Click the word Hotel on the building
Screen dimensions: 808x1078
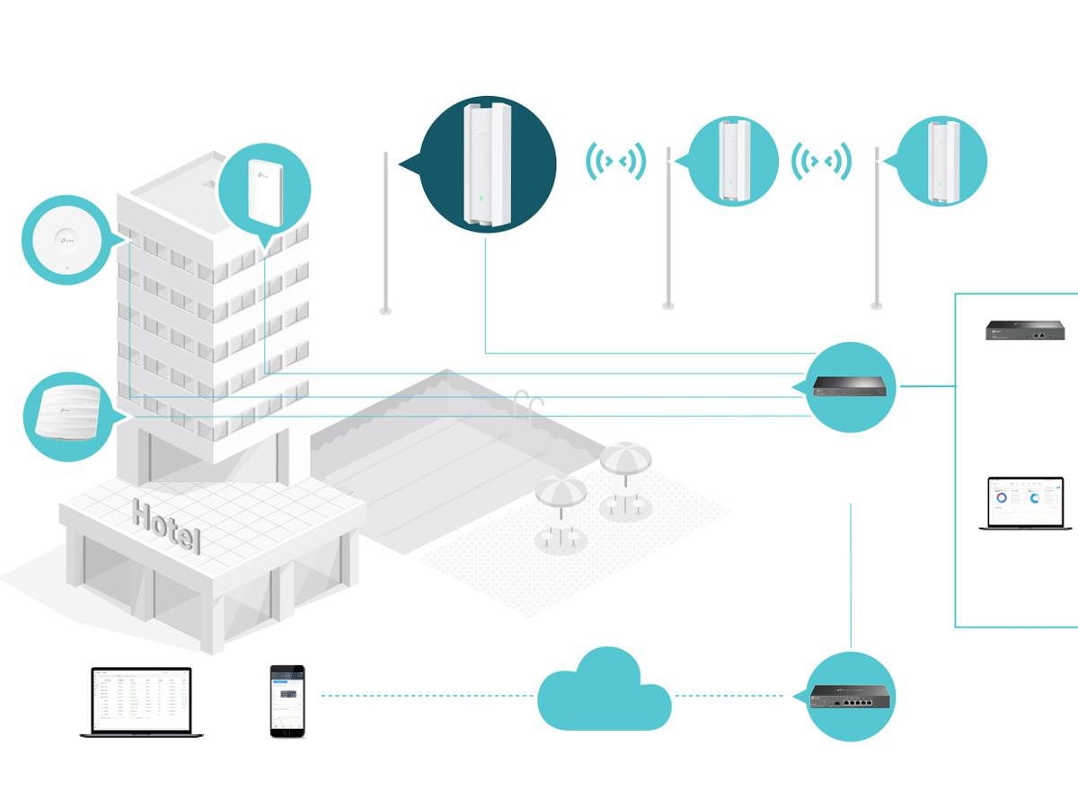point(167,524)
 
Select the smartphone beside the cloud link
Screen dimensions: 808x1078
point(287,701)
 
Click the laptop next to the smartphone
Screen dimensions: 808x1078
point(141,702)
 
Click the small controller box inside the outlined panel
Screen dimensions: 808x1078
point(1025,330)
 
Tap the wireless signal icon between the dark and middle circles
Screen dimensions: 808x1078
point(615,161)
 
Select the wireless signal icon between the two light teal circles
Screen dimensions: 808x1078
point(820,161)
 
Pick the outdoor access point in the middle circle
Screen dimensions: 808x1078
point(733,161)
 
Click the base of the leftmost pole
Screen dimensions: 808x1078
point(385,311)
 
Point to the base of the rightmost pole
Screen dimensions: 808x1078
point(877,306)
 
